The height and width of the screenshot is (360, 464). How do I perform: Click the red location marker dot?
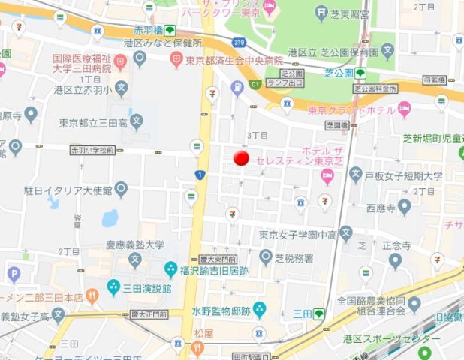point(241,157)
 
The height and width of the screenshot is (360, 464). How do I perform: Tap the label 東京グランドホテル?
point(351,109)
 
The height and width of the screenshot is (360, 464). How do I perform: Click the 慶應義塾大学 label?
point(134,244)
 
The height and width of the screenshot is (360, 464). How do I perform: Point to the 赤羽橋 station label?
point(149,31)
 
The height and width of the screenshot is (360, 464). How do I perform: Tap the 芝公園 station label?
point(339,73)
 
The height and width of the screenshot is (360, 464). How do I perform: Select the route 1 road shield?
point(200,175)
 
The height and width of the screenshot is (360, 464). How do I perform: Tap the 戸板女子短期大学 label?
point(404,177)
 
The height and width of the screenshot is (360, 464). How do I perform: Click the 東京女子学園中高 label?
point(297,235)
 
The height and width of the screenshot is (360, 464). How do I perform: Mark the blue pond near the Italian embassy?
point(110,217)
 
